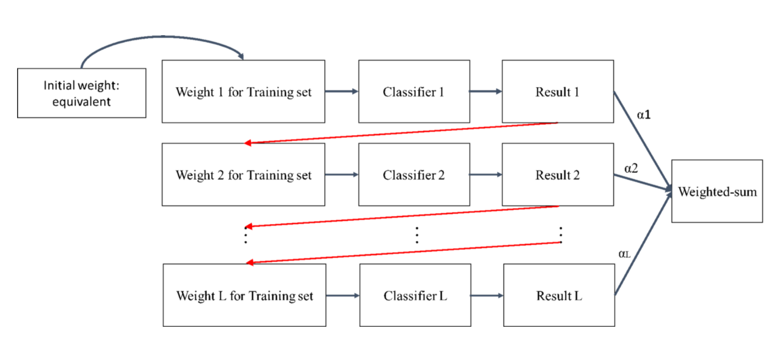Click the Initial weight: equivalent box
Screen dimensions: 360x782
81,93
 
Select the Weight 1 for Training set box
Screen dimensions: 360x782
243,91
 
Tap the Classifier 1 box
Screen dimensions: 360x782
414,91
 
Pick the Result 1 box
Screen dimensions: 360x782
558,91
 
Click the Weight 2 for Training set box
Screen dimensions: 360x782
243,175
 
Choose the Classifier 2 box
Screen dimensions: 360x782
414,175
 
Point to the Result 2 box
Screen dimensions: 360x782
558,175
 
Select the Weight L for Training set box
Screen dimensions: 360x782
244,295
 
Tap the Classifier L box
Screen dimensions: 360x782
415,295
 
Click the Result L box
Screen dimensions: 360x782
559,295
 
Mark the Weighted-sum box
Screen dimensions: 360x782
717,191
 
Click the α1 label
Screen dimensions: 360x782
644,115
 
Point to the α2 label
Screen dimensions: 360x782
631,169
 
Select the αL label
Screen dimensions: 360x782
624,254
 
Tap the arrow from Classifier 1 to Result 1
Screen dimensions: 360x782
486,91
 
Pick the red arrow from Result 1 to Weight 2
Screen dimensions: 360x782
401,133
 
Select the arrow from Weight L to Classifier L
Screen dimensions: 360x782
342,295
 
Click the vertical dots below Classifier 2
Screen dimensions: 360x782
417,235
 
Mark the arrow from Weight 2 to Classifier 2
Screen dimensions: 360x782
341,175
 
